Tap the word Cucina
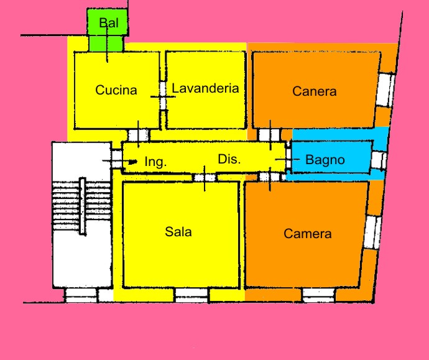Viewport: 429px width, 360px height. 116,90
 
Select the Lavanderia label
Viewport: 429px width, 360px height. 205,88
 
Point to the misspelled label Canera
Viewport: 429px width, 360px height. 314,91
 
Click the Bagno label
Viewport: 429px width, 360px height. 325,160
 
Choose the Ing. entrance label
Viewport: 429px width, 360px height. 155,162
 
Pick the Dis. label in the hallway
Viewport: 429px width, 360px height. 229,159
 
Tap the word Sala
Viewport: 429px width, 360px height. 178,232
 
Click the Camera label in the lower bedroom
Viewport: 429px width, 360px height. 307,234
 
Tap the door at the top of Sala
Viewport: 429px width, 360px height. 205,177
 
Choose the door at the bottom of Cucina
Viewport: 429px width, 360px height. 138,134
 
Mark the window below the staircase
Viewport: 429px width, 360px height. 81,295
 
